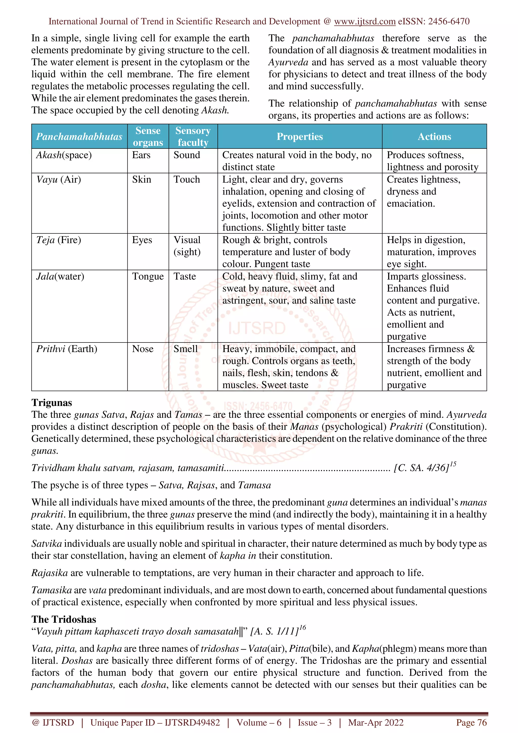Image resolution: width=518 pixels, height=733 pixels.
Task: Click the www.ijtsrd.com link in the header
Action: pos(364,21)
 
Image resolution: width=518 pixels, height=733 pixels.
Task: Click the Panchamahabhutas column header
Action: pos(79,137)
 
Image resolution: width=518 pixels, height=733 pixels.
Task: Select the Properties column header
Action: pos(299,137)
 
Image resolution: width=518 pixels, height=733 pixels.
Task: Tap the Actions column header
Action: pos(434,137)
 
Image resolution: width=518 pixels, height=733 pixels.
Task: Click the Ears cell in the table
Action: pos(141,155)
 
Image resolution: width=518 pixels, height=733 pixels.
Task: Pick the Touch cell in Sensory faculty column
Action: pos(186,179)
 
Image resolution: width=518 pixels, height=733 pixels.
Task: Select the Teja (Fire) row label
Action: pos(59,240)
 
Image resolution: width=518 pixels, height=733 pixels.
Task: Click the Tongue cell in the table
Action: pos(148,276)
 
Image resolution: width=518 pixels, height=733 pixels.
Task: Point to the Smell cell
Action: pos(185,349)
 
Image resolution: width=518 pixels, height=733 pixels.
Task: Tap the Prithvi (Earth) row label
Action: pos(67,349)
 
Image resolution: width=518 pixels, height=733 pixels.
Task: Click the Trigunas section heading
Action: pos(52,403)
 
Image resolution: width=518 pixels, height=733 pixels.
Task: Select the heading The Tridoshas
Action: pos(64,620)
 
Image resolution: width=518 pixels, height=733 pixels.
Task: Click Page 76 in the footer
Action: pos(471,722)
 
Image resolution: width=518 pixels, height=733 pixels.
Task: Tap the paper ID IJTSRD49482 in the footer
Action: pos(192,722)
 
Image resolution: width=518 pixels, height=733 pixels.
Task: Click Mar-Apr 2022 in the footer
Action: pos(376,722)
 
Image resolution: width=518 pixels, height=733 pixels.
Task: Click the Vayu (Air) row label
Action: pos(59,179)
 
